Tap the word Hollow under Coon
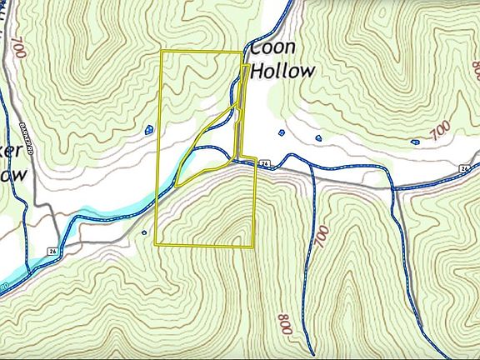point(283,70)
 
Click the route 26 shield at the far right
point(464,169)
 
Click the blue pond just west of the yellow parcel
point(149,129)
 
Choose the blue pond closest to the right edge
point(415,141)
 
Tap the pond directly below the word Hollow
point(281,132)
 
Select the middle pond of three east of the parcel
point(317,137)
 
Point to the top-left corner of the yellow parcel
point(161,52)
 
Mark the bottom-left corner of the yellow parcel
point(156,243)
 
